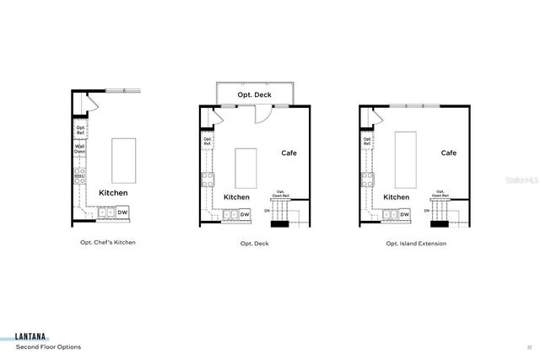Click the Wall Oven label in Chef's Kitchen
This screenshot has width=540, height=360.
pyautogui.click(x=80, y=149)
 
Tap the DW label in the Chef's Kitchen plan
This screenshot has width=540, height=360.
pyautogui.click(x=122, y=212)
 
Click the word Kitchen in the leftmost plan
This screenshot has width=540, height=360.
pyautogui.click(x=113, y=192)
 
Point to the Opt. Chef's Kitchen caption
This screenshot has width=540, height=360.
pyautogui.click(x=102, y=243)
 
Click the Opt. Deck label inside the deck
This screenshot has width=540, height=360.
pyautogui.click(x=255, y=95)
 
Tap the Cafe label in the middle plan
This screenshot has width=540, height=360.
pyautogui.click(x=289, y=153)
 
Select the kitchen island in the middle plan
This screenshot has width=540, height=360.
pyautogui.click(x=246, y=168)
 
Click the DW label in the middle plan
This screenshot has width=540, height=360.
pyautogui.click(x=245, y=214)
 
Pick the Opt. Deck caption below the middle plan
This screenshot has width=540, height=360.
pyautogui.click(x=254, y=243)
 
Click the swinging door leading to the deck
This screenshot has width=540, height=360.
pyautogui.click(x=262, y=116)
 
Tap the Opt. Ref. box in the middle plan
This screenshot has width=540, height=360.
pyautogui.click(x=207, y=142)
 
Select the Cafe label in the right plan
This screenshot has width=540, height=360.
pyautogui.click(x=449, y=153)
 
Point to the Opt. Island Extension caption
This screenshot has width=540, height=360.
pyautogui.click(x=416, y=243)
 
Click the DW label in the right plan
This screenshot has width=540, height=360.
pyautogui.click(x=404, y=214)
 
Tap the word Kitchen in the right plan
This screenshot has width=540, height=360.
pyautogui.click(x=397, y=197)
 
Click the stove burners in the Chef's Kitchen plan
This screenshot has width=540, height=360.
pyautogui.click(x=80, y=175)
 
